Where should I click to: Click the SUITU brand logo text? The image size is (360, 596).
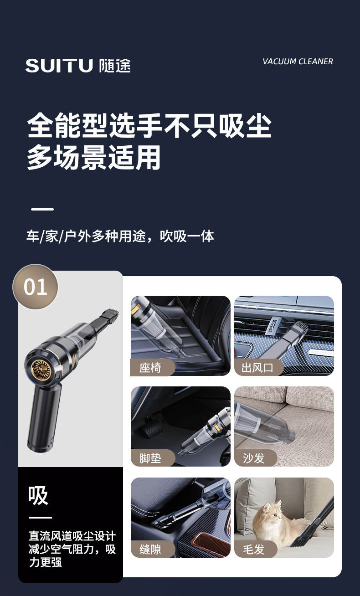tap(59, 66)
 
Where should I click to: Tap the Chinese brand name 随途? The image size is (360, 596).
tap(115, 66)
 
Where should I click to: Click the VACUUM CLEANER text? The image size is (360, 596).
tap(298, 62)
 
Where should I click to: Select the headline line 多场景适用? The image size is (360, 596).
tap(94, 157)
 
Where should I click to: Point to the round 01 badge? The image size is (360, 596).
tap(35, 287)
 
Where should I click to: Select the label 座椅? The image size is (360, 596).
tap(150, 368)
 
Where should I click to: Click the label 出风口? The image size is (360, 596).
tap(257, 368)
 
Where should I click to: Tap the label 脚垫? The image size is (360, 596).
tap(150, 458)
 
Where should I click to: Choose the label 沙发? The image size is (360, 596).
tap(253, 458)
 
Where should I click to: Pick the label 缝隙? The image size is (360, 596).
tap(150, 550)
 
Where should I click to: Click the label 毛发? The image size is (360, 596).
tap(253, 550)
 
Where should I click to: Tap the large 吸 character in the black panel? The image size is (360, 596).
tap(38, 495)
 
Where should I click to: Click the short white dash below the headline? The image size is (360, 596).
tap(42, 209)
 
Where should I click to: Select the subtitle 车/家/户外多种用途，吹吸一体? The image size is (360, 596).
tap(120, 236)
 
